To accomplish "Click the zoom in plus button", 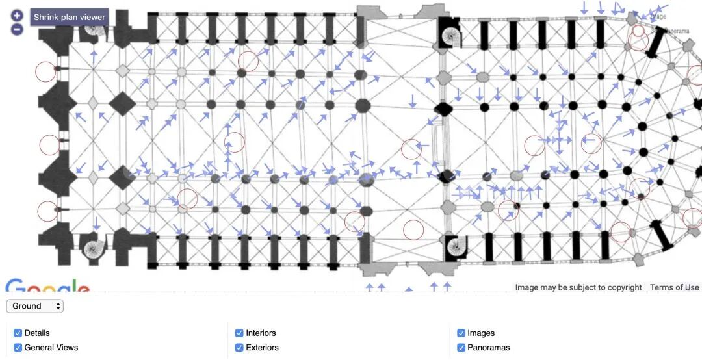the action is point(17,16).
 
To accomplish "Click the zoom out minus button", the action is point(17,29).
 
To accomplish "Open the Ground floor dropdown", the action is point(35,306).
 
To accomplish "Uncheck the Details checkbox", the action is point(18,333).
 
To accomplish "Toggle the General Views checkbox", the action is point(18,348).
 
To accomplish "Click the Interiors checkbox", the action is point(239,333).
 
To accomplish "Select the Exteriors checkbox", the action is point(239,348).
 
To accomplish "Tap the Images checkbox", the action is point(461,333).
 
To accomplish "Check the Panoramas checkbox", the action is point(461,348).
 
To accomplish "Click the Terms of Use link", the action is point(674,287).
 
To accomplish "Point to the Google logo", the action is point(47,287).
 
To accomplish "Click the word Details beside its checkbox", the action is point(37,333).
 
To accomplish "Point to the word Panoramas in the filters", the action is point(488,348).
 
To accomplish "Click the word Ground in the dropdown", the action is point(27,306).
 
